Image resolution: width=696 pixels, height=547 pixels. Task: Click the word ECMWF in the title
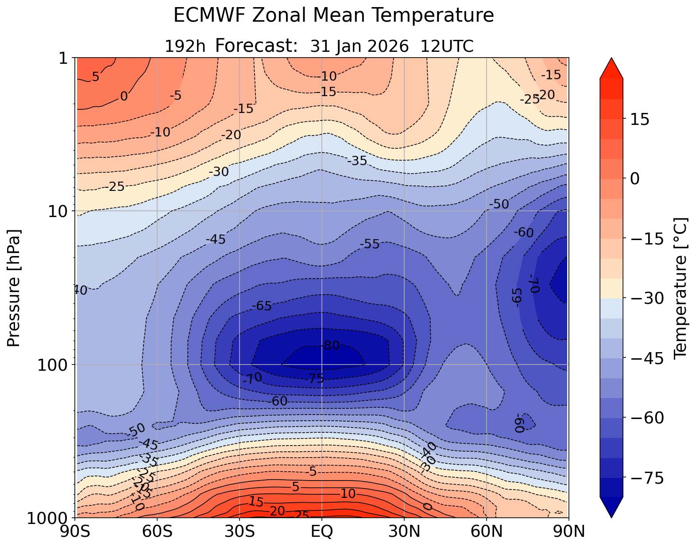click(x=204, y=16)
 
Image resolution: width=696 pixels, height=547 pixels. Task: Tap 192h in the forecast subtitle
click(x=185, y=46)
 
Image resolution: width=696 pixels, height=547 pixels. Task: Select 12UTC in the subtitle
click(x=447, y=46)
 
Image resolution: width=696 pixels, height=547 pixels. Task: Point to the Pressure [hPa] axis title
click(x=14, y=288)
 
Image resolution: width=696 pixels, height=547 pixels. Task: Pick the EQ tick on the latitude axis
click(x=322, y=531)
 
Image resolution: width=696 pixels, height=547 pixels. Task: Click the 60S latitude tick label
click(x=158, y=531)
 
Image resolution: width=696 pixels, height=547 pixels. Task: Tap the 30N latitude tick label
click(x=404, y=531)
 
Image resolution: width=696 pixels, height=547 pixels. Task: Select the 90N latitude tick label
click(x=569, y=531)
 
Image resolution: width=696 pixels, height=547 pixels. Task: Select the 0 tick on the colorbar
click(x=634, y=178)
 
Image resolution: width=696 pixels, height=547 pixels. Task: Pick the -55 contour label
click(x=370, y=244)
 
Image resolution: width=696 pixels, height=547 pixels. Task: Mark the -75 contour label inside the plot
click(x=314, y=379)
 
